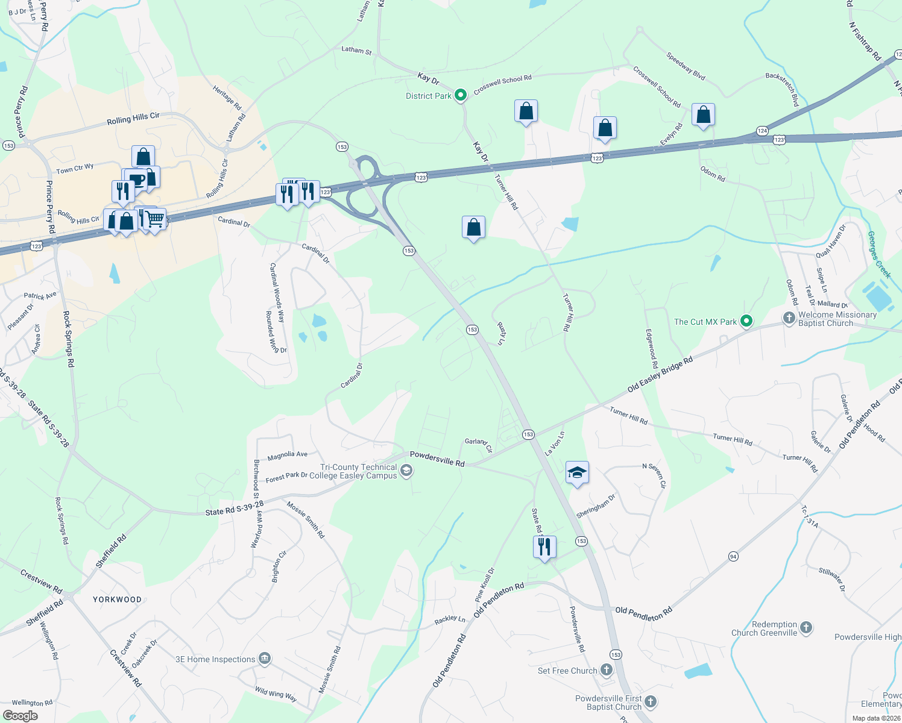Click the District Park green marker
click(x=461, y=95)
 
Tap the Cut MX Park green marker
click(x=746, y=321)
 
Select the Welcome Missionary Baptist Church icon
click(x=789, y=318)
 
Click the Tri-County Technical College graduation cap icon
click(x=406, y=471)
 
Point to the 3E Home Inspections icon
click(x=264, y=659)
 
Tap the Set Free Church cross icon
click(x=607, y=670)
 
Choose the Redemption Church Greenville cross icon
click(x=806, y=628)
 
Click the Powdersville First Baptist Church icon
click(x=650, y=701)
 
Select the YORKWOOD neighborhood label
click(x=117, y=599)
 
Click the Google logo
click(x=20, y=716)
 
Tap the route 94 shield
click(x=733, y=556)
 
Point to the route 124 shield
click(x=762, y=131)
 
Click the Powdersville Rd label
click(x=437, y=459)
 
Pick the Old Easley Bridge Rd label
click(x=660, y=375)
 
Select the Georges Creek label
click(x=878, y=254)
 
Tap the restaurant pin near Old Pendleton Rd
click(x=544, y=547)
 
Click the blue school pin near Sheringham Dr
click(x=577, y=473)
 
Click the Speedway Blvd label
click(x=686, y=66)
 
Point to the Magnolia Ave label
click(x=287, y=455)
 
